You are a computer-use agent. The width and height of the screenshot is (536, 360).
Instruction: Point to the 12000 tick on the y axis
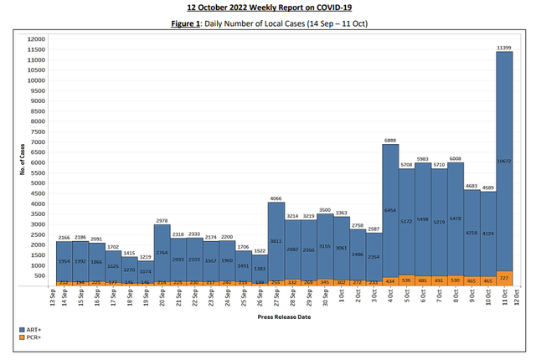[36, 39]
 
